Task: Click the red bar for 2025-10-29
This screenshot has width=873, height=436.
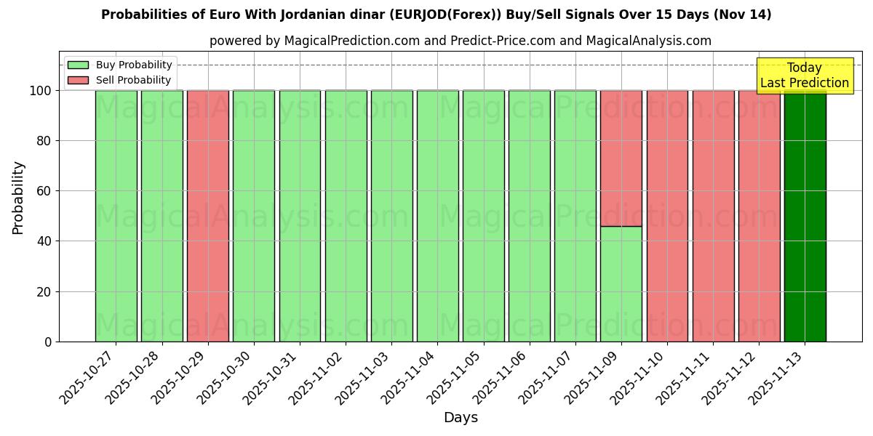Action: tap(208, 216)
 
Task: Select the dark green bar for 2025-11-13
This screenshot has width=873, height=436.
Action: tap(805, 216)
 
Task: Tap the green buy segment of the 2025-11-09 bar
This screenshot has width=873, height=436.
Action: tap(621, 283)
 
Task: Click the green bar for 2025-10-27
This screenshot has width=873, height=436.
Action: tap(116, 216)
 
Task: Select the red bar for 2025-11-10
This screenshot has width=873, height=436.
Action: tap(667, 216)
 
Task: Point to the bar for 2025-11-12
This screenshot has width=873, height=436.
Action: tap(759, 216)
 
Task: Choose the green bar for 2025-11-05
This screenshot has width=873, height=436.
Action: tap(483, 216)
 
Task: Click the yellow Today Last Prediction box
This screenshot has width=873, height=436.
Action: tap(805, 76)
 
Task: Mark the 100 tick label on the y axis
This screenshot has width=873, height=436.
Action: tap(40, 91)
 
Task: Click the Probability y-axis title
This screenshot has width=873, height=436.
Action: tap(18, 198)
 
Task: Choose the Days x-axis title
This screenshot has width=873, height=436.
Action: tap(461, 418)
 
